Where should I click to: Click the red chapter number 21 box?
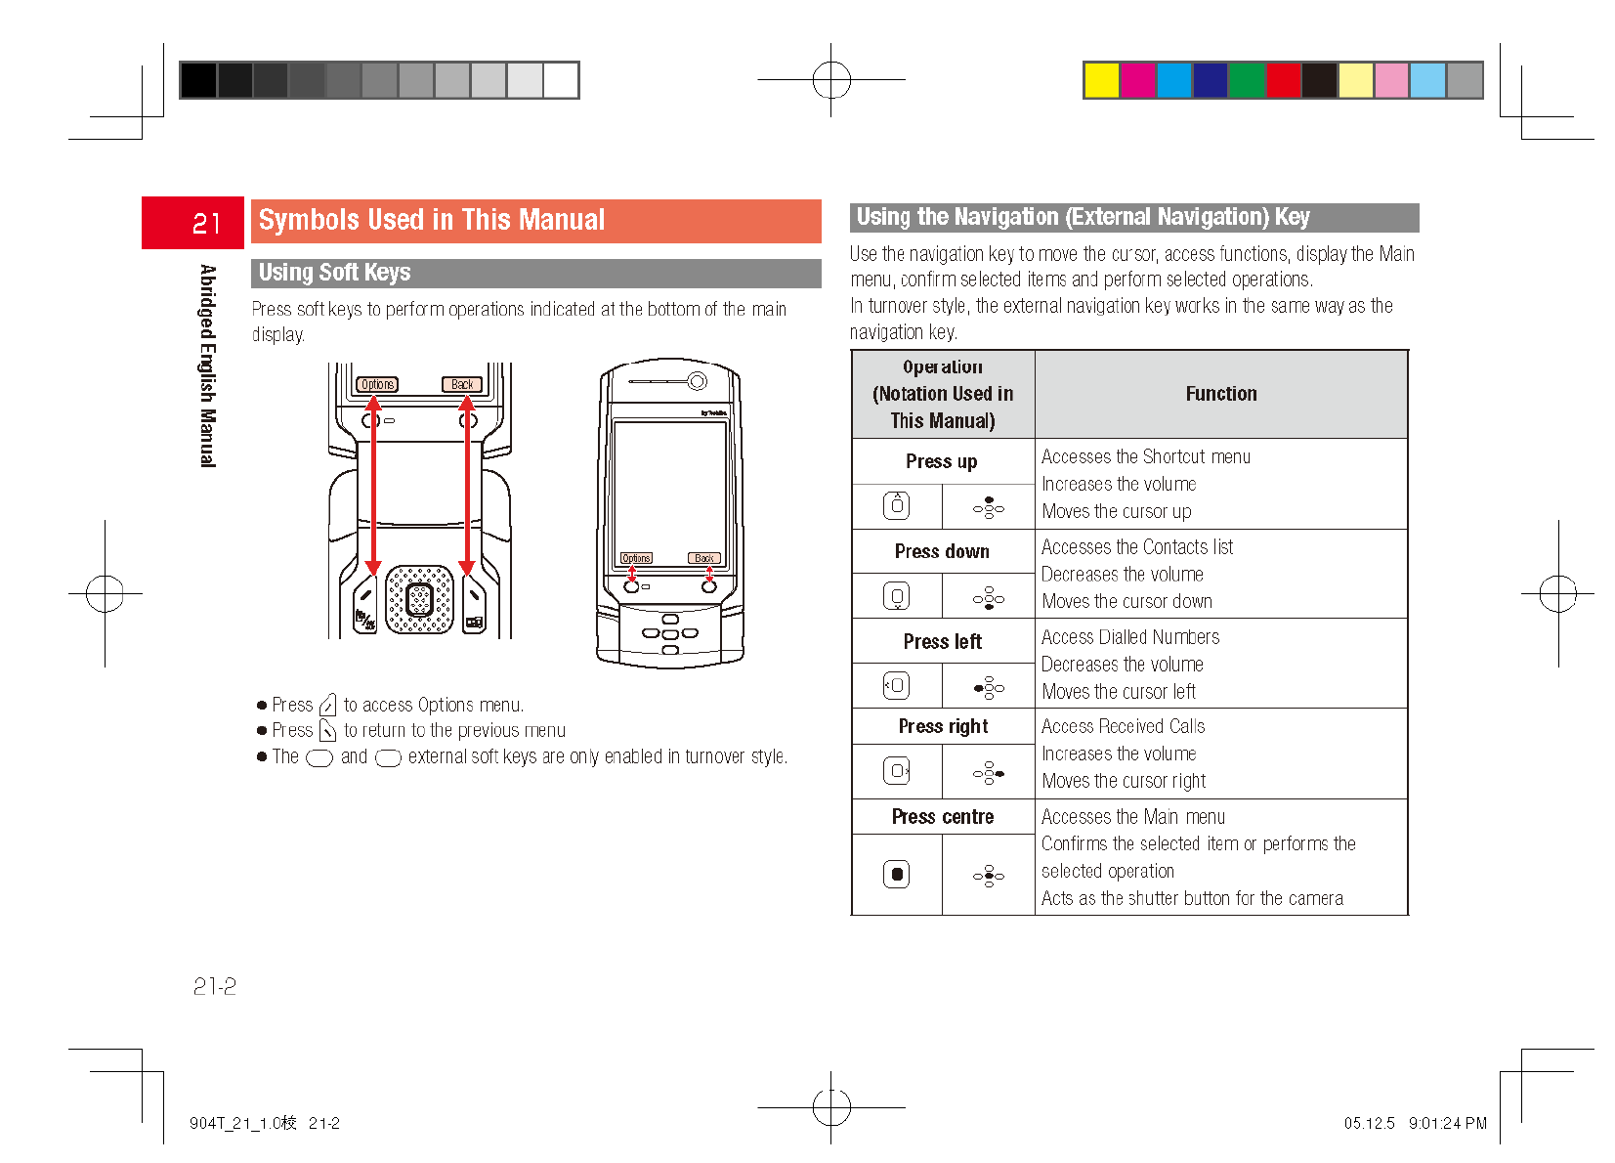point(192,223)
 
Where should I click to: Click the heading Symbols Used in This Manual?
point(431,221)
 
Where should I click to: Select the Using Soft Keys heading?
point(334,273)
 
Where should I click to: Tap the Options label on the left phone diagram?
point(377,384)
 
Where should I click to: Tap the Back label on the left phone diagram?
point(462,384)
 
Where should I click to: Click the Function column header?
point(1220,394)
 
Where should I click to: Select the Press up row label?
point(941,461)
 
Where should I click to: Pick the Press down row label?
point(942,551)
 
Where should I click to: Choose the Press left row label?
point(942,641)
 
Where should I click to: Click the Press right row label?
point(943,726)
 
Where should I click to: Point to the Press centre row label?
point(942,817)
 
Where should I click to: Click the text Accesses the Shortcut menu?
point(1145,456)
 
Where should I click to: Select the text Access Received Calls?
point(1123,726)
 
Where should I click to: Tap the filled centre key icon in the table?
point(896,874)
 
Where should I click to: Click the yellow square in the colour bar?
point(1101,80)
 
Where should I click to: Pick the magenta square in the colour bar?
point(1137,80)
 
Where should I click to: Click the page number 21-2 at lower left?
point(214,986)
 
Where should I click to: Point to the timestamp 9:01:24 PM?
point(1447,1123)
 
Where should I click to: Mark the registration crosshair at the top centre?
point(831,80)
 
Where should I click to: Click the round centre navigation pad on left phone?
point(419,599)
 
